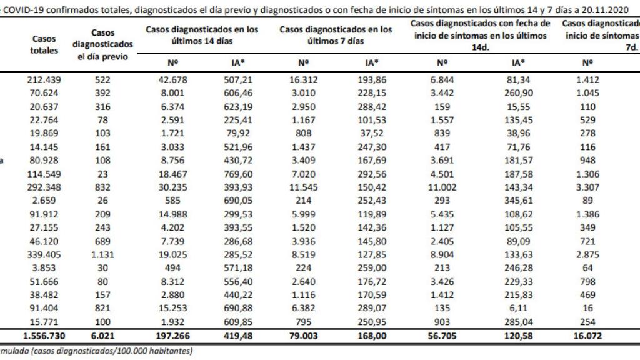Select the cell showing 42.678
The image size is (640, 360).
[174, 80]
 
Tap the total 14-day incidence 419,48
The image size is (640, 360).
[243, 336]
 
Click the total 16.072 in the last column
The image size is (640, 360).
[587, 336]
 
